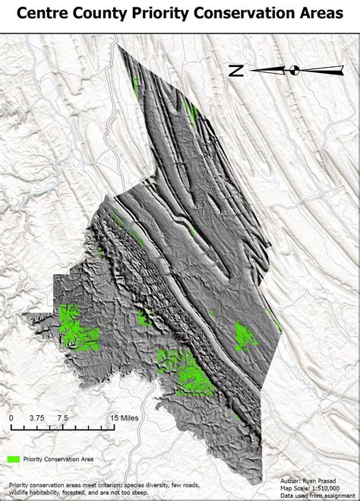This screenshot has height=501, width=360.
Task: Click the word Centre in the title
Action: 46,13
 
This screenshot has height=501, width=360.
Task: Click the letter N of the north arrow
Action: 236,71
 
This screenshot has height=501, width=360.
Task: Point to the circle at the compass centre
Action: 295,71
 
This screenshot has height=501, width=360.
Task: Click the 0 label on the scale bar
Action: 11,418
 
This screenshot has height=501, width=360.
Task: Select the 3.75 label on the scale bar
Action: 37,418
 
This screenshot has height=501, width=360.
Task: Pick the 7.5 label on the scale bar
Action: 63,418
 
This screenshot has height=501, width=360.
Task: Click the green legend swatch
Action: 14,459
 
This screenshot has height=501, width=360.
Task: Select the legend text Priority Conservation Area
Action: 58,459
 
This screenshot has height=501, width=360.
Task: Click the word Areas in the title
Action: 320,13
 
